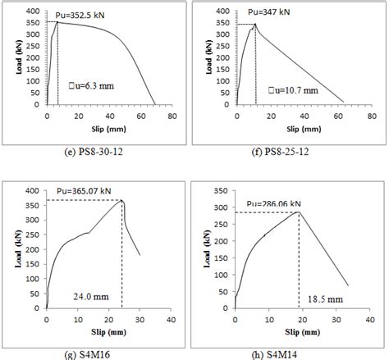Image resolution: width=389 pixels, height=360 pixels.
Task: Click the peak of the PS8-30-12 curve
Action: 57,22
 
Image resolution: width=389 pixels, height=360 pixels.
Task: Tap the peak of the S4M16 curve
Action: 122,199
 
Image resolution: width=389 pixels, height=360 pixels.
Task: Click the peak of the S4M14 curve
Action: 299,212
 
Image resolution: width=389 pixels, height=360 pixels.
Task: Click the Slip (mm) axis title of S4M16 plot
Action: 103,333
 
